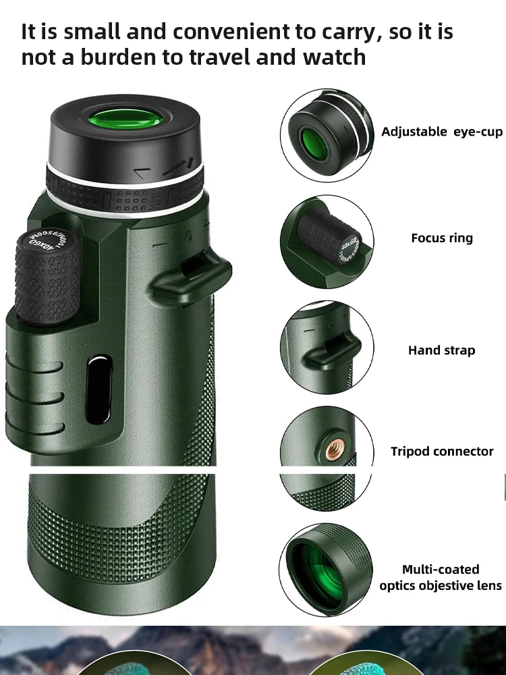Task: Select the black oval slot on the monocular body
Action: [x=99, y=389]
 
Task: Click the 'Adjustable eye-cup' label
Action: [x=442, y=132]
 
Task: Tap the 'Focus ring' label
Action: [x=442, y=238]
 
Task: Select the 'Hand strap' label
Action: [x=441, y=350]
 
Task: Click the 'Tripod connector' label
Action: [x=442, y=452]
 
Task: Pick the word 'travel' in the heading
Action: [x=220, y=57]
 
